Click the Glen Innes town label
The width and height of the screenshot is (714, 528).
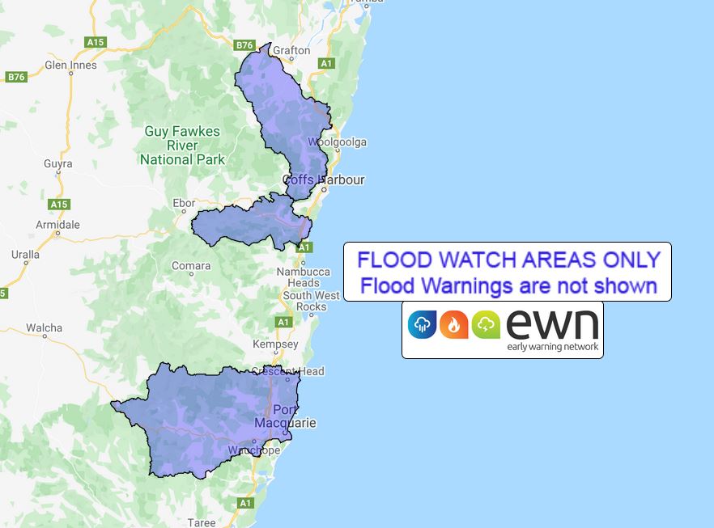point(70,65)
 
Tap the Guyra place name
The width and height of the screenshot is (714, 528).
point(57,163)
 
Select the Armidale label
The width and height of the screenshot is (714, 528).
point(57,224)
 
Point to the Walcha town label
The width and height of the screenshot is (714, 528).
point(44,327)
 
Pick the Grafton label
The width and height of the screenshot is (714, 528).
point(291,50)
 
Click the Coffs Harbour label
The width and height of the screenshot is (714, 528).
point(323,180)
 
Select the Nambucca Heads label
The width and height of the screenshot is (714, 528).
point(304,277)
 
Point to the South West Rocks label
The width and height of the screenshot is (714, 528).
point(304,301)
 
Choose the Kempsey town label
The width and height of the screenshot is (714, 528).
point(276,344)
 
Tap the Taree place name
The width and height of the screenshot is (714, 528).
point(202,522)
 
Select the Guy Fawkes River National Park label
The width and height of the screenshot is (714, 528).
point(182,146)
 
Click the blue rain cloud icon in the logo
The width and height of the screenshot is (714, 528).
point(422,324)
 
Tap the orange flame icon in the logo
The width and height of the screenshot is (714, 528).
point(453,324)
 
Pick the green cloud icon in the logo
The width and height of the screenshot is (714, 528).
point(486,324)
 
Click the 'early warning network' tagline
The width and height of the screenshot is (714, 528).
point(553,347)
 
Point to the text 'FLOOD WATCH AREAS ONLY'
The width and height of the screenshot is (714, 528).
point(508,260)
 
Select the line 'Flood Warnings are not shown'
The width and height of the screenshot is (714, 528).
point(508,285)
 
